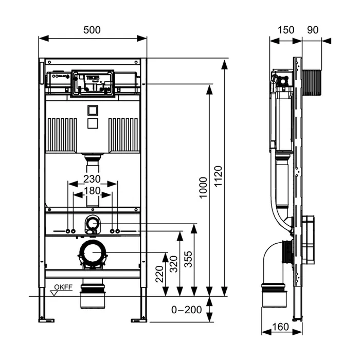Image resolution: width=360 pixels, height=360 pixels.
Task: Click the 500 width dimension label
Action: [x=92, y=30]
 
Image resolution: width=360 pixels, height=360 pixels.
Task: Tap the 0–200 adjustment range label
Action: [x=187, y=309]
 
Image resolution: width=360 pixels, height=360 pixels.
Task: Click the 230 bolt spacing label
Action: [x=93, y=179]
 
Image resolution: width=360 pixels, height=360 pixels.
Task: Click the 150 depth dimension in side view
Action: [x=286, y=30]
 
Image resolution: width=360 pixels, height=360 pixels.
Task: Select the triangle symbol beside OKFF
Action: [x=54, y=293]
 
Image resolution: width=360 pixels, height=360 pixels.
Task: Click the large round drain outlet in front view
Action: [x=93, y=254]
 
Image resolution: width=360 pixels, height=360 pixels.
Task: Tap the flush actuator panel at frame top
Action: [x=93, y=82]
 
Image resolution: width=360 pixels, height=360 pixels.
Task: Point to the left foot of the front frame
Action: [x=46, y=320]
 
